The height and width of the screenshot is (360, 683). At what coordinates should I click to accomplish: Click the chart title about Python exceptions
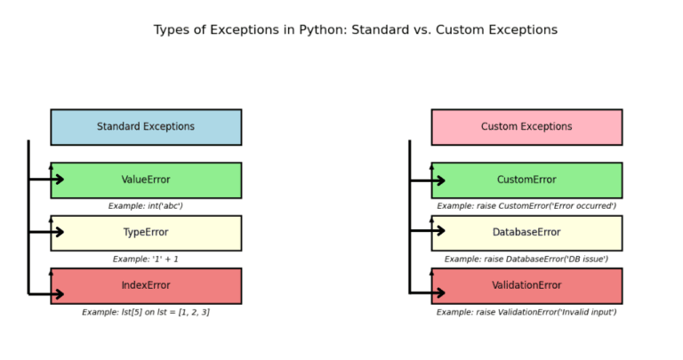(355, 30)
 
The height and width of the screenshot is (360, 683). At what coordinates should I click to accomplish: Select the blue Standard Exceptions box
(146, 127)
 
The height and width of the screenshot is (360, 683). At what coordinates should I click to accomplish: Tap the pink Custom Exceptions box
(526, 127)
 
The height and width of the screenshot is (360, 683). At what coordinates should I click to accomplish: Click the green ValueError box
(146, 180)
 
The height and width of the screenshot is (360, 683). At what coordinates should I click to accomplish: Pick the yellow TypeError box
(146, 233)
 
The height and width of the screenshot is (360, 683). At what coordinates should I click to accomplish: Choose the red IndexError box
(146, 286)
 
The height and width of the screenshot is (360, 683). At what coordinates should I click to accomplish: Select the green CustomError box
(526, 180)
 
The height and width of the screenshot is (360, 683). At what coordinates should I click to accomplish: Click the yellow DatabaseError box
(526, 233)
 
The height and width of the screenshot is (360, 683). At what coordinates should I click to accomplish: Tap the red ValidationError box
(526, 286)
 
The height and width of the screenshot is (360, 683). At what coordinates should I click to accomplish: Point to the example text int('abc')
(146, 206)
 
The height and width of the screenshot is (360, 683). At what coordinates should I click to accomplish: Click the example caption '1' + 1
(146, 260)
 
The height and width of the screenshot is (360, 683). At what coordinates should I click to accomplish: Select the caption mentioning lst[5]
(146, 313)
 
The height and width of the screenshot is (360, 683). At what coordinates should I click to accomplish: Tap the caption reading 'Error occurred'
(526, 206)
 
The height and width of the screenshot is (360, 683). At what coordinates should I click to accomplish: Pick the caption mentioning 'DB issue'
(526, 260)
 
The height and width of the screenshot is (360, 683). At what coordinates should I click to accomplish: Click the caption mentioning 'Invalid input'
(526, 313)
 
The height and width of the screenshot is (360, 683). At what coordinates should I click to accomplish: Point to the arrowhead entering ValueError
(60, 180)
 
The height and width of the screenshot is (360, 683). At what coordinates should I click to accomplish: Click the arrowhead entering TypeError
(60, 233)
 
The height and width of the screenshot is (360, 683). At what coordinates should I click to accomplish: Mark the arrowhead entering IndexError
(60, 293)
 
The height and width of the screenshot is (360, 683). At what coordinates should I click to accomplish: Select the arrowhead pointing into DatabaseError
(440, 233)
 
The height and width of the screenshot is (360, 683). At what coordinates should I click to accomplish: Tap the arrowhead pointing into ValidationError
(440, 292)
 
